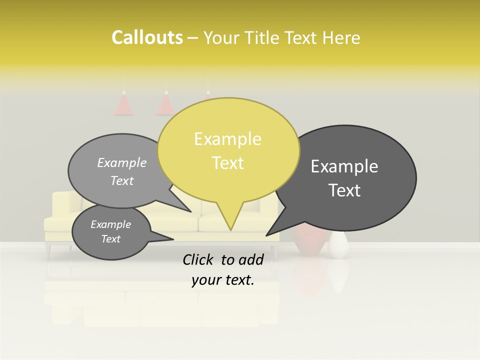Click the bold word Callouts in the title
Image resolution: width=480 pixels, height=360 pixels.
coord(147,37)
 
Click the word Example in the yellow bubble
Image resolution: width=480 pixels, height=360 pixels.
coord(227,139)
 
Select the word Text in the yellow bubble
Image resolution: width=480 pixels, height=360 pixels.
coord(227,163)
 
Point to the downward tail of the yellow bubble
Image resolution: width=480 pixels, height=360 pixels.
coord(230,220)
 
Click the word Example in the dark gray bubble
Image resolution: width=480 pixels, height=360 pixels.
coord(344,166)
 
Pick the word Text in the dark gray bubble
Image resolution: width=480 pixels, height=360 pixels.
coord(344,190)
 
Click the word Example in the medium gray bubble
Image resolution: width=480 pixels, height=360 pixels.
coord(122,162)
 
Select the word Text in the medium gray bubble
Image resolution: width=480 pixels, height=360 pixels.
coord(122,180)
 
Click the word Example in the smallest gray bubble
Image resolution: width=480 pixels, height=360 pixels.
coord(110,224)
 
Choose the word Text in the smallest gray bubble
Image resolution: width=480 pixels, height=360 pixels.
coord(110,239)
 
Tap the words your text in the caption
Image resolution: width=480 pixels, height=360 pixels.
coord(223,280)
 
